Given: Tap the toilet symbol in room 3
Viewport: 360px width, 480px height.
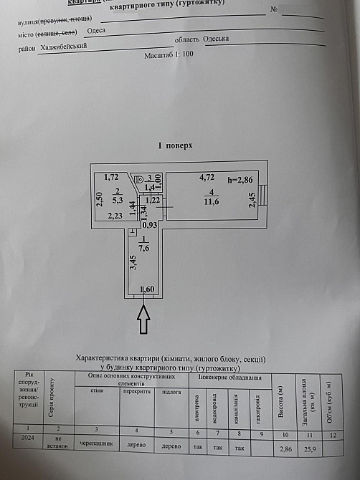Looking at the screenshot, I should click(x=140, y=178).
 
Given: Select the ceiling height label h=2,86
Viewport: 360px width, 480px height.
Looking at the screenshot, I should click(x=242, y=179).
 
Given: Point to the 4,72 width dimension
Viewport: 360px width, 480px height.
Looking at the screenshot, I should click(x=207, y=177).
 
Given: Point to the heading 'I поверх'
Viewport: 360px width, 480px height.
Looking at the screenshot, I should click(x=175, y=145).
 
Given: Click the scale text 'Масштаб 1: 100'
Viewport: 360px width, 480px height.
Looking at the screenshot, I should click(x=169, y=54).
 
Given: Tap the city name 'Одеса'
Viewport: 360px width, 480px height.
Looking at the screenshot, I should click(x=95, y=31).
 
